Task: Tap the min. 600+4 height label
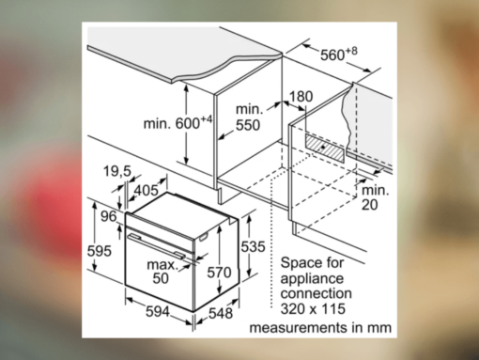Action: click(178, 121)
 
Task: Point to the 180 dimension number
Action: click(301, 96)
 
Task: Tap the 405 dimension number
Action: click(146, 190)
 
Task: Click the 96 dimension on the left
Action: click(107, 215)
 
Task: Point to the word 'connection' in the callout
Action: click(316, 293)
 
